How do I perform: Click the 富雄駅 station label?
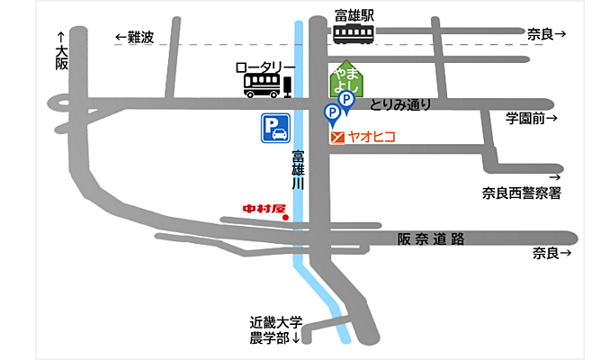354,14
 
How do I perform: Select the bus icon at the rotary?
262,85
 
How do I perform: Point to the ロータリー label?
264,67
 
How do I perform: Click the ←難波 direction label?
135,37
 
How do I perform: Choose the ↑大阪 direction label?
61,51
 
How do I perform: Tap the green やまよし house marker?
345,80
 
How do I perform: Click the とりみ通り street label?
400,104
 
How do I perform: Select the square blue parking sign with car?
275,130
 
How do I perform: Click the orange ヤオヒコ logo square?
337,138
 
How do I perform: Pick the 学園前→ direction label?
531,118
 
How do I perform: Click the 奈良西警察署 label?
522,192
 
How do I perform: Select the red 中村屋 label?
264,210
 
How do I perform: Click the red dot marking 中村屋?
285,217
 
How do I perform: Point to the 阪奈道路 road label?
431,238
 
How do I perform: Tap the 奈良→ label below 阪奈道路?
551,253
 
